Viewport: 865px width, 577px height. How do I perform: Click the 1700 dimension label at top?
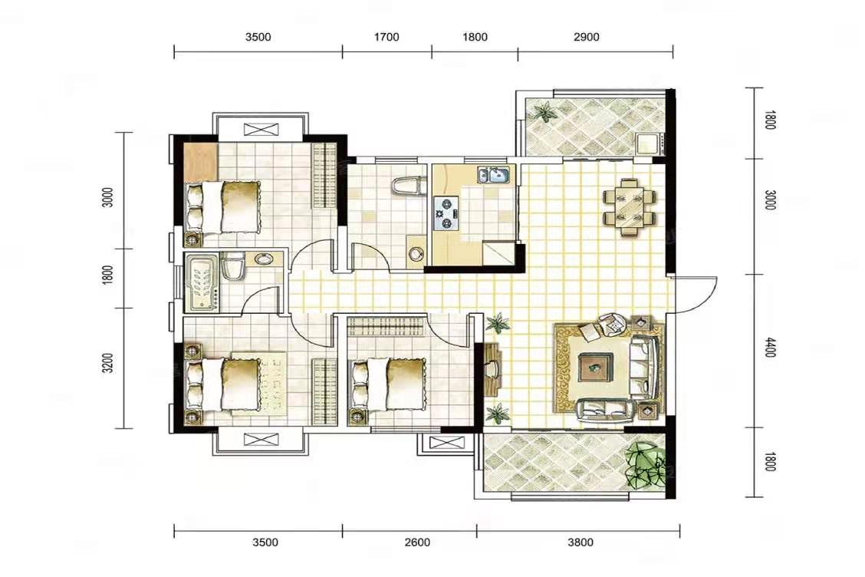click(x=386, y=37)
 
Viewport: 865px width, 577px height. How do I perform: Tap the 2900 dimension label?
click(x=586, y=37)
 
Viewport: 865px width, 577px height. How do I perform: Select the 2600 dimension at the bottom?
click(x=417, y=542)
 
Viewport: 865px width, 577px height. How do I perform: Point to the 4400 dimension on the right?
click(x=770, y=347)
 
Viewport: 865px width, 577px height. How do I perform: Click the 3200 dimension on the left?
click(x=108, y=363)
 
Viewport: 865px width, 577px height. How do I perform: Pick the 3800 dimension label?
click(x=581, y=542)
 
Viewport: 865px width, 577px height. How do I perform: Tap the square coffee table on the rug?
click(x=595, y=367)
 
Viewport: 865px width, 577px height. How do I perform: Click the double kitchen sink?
click(x=495, y=175)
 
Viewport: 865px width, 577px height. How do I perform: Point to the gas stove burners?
click(x=446, y=213)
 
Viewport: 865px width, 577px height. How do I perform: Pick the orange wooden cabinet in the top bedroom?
click(x=201, y=162)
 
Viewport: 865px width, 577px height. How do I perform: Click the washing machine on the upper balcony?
click(x=648, y=143)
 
